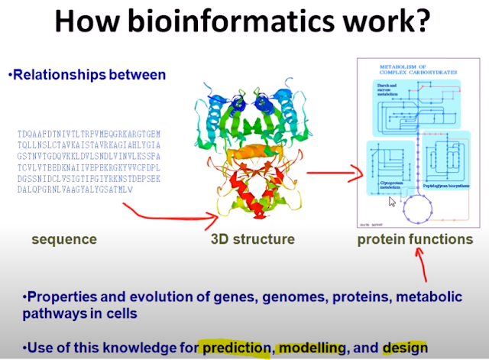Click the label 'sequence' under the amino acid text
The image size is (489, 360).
click(64, 239)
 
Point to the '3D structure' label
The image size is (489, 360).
click(253, 239)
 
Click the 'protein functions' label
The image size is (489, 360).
click(415, 239)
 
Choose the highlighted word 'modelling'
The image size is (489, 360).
click(313, 348)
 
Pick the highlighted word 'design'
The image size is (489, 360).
click(406, 348)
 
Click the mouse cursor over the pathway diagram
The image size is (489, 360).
click(392, 202)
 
